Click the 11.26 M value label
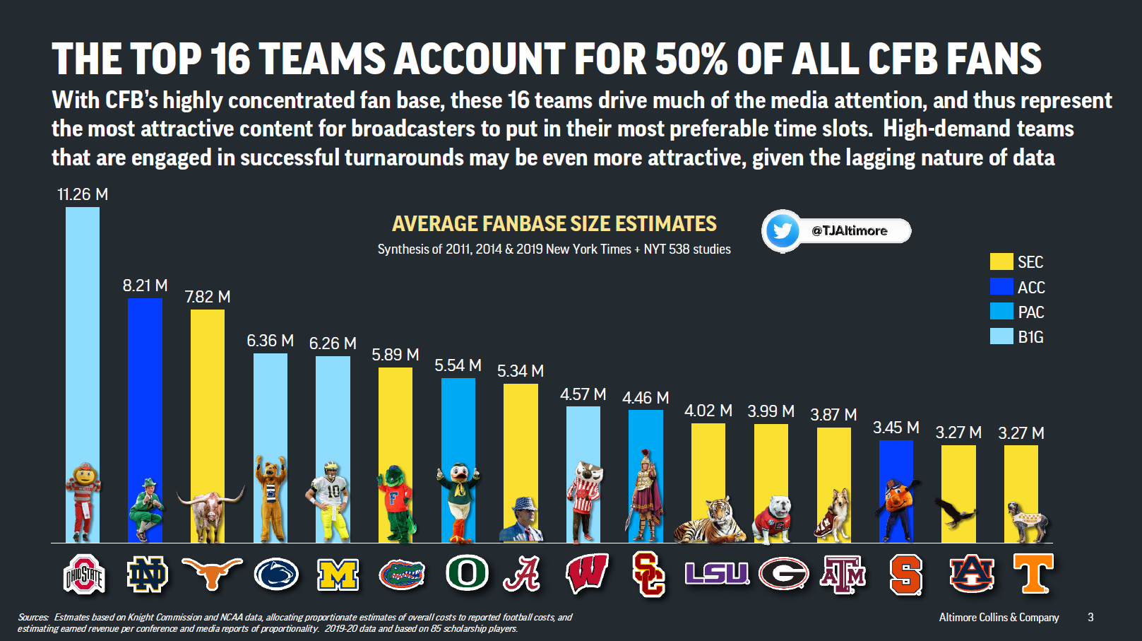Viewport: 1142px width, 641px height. coord(83,194)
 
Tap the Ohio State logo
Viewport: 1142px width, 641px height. coord(84,574)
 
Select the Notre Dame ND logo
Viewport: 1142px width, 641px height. coord(147,574)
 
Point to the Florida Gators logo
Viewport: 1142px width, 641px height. coord(401,574)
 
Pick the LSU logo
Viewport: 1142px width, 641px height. coord(716,572)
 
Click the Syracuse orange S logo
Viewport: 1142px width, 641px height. coord(905,574)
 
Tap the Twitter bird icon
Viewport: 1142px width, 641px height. coord(782,230)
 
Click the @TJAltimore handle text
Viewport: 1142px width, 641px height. coord(849,230)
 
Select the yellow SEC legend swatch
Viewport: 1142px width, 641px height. coord(1001,262)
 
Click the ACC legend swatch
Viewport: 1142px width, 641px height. coord(1001,287)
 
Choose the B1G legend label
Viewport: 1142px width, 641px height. coord(1030,337)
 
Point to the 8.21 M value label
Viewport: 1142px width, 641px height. coord(145,286)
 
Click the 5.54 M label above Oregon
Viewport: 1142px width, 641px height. coord(458,365)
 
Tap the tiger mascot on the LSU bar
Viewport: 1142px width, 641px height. coord(709,520)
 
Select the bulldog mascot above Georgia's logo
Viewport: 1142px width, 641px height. coord(772,520)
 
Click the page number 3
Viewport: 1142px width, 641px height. coord(1090,617)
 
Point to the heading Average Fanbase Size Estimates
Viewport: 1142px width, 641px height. coord(554,224)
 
